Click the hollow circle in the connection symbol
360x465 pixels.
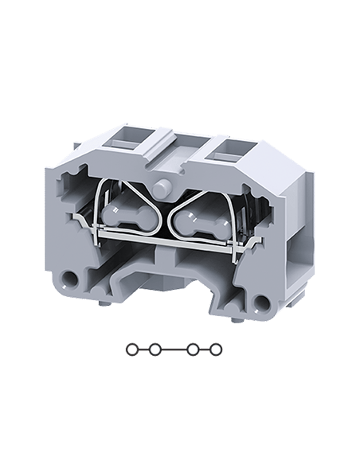131,349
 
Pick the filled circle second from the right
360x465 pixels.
194,349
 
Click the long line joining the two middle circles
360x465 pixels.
174,349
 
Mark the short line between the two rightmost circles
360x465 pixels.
205,349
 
